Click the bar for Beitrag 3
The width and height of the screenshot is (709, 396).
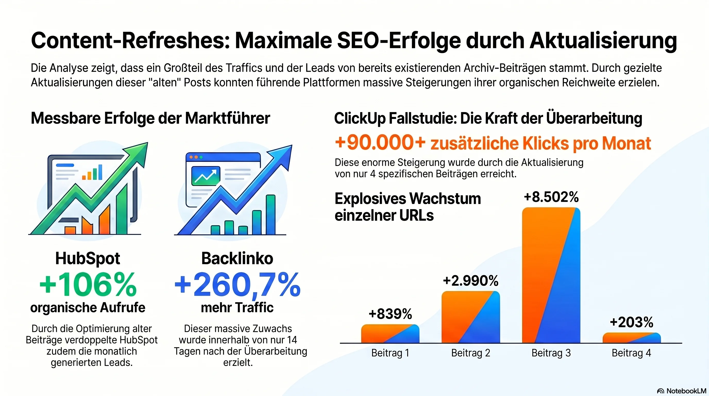coord(551,275)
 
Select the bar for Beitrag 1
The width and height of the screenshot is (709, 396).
coord(390,334)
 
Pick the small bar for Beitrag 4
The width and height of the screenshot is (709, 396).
coord(631,338)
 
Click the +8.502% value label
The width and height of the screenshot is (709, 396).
coord(551,197)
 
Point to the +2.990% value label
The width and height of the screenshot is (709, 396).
coord(471,281)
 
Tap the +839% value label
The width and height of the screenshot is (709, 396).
coord(390,314)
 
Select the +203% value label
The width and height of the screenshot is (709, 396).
coord(631,322)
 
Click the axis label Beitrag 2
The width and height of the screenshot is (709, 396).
coord(471,353)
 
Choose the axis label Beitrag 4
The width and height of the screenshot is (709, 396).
coord(631,353)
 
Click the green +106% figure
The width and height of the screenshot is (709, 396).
coord(88,285)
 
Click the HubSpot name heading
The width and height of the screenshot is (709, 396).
coord(88,258)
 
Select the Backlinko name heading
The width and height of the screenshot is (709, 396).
coord(237,258)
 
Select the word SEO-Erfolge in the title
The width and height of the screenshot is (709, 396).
coord(399,41)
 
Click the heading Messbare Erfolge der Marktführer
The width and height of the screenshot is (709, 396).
coord(150,118)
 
